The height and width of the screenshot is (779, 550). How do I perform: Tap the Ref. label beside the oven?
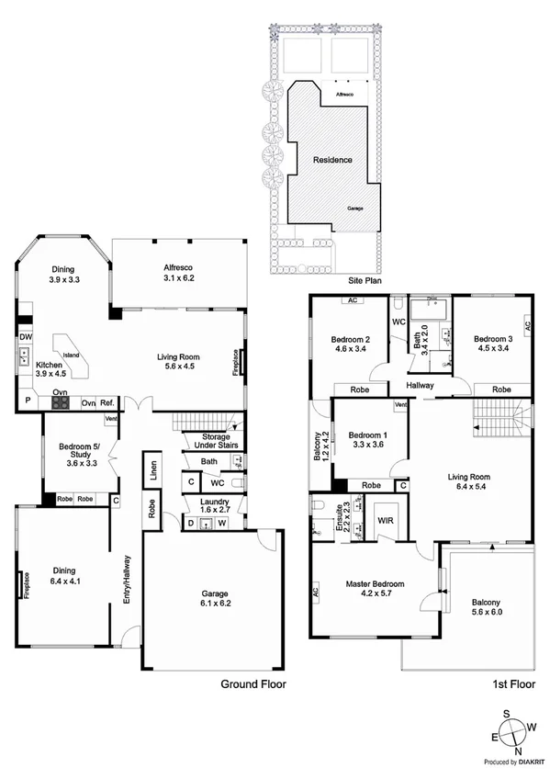click(x=107, y=402)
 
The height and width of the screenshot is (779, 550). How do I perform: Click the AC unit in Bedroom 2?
click(x=352, y=300)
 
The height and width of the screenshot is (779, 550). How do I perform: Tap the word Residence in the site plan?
click(x=332, y=160)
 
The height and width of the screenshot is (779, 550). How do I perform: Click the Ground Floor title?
click(x=253, y=684)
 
